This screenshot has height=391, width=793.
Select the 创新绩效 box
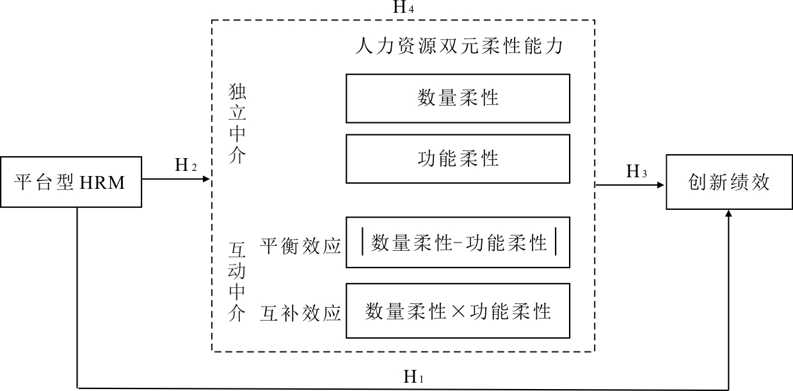(x=728, y=182)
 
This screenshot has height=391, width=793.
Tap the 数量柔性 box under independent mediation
(x=458, y=99)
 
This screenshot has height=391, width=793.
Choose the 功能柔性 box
(x=458, y=158)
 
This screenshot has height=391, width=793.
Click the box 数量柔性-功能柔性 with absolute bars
(x=458, y=243)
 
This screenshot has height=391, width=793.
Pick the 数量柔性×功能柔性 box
(x=458, y=311)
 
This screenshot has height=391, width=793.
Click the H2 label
(x=186, y=165)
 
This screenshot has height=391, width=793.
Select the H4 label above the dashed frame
(x=403, y=8)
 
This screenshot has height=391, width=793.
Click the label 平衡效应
(x=300, y=246)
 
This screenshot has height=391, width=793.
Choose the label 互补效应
(x=300, y=314)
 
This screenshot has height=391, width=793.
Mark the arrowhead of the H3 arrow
(x=662, y=185)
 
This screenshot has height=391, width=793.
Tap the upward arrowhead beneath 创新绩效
(x=728, y=214)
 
